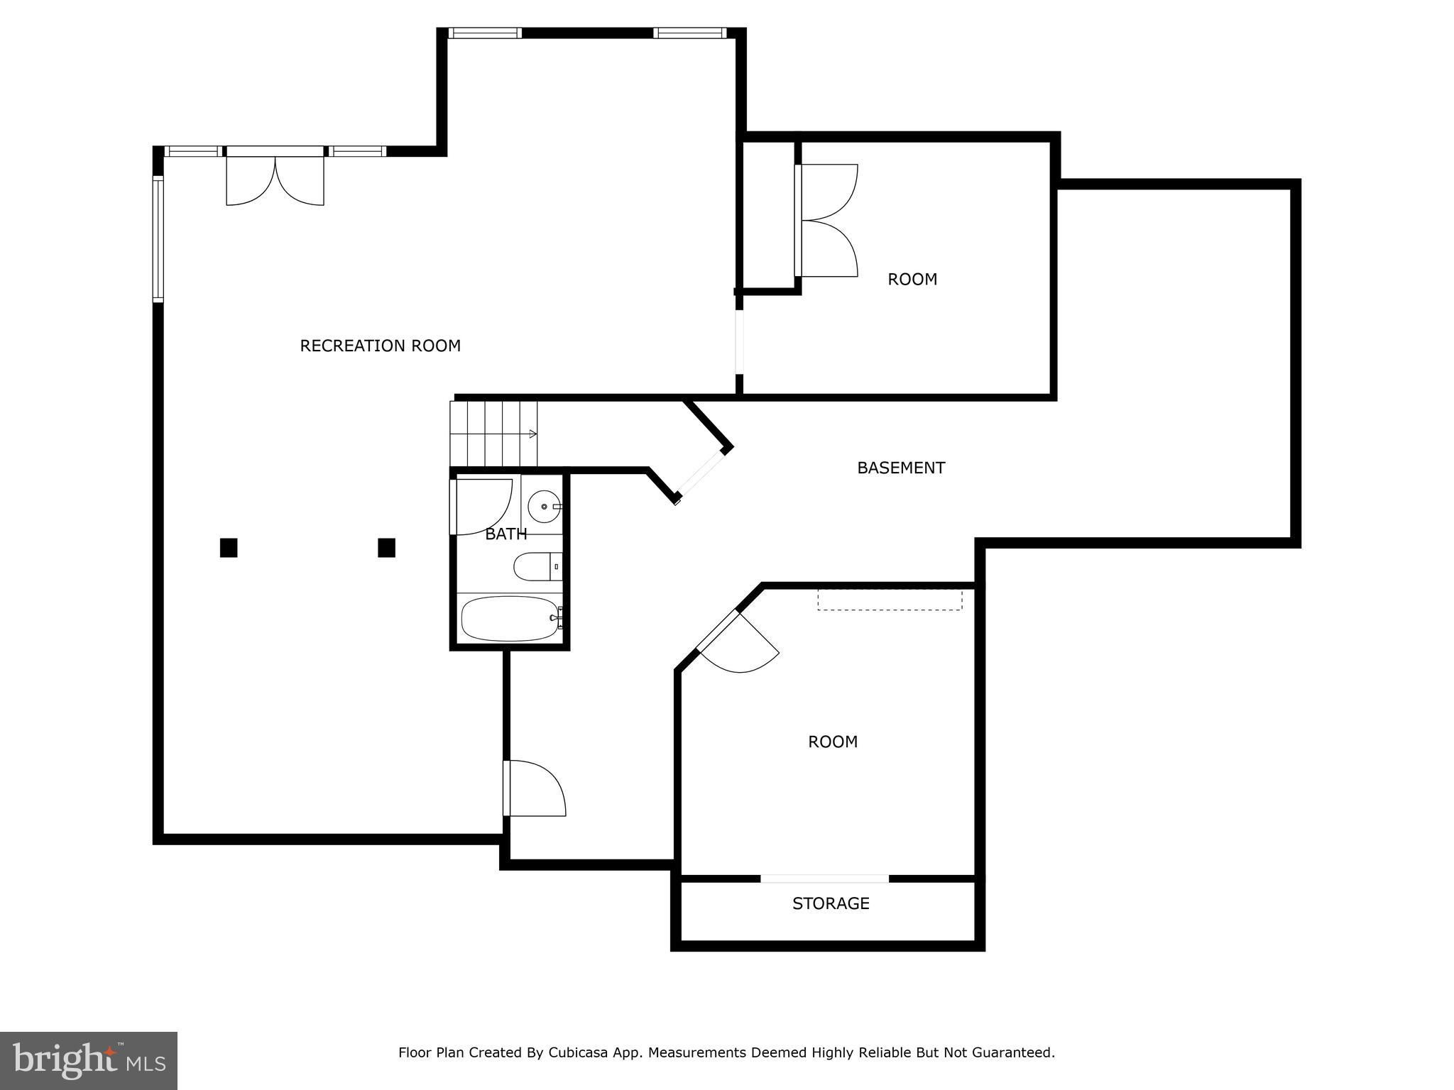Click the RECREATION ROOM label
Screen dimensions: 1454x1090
click(x=380, y=346)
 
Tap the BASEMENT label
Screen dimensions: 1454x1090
click(x=901, y=468)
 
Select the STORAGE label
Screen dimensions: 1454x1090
click(x=831, y=903)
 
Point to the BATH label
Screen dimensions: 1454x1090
click(x=506, y=534)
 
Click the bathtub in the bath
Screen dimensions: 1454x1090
click(x=510, y=619)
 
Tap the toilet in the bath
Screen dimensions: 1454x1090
click(x=537, y=567)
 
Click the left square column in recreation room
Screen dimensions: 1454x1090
click(x=228, y=548)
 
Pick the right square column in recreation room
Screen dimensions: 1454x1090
click(x=386, y=548)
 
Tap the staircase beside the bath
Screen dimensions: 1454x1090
click(x=494, y=434)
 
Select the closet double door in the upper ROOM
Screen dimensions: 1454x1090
click(x=826, y=221)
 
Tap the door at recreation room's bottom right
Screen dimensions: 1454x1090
click(x=535, y=788)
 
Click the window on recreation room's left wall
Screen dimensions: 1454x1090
click(x=158, y=239)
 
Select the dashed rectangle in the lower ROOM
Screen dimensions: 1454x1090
click(x=890, y=599)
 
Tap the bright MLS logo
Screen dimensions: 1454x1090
click(x=89, y=1061)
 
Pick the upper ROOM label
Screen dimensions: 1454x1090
click(x=912, y=280)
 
